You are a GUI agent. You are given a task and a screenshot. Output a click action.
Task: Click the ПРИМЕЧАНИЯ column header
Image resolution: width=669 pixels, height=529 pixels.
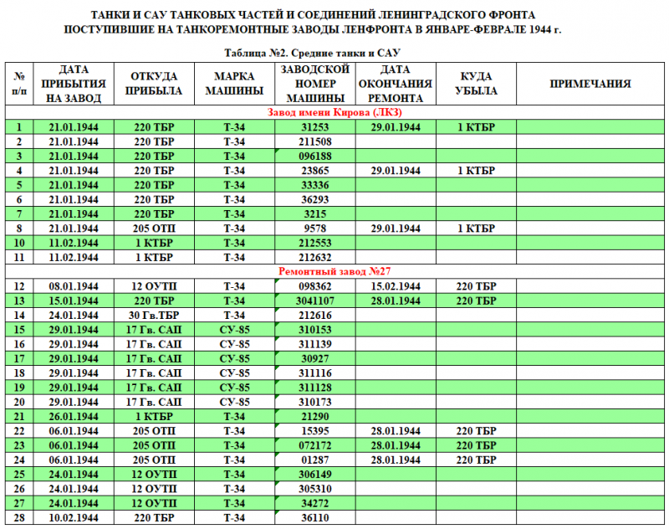[590, 84]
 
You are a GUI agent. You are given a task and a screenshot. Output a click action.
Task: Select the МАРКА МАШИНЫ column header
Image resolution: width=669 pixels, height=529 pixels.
[234, 84]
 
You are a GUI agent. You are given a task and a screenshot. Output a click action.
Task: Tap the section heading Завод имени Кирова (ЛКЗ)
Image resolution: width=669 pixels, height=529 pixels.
[334, 112]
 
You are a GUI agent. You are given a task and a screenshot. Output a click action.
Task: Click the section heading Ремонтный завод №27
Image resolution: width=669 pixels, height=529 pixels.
[334, 271]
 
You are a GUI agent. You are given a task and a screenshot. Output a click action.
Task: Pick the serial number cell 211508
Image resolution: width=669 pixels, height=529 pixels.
[316, 141]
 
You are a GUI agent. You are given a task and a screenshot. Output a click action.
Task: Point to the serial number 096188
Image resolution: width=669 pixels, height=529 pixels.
[316, 156]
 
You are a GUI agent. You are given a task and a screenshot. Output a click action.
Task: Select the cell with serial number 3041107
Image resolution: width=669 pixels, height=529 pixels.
[316, 300]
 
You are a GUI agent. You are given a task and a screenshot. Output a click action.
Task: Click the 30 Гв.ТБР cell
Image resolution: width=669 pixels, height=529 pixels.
[154, 315]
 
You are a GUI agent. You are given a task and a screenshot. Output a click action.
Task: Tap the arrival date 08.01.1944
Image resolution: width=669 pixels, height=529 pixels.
[74, 286]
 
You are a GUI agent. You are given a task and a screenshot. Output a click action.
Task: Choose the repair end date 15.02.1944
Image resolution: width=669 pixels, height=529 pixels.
[395, 286]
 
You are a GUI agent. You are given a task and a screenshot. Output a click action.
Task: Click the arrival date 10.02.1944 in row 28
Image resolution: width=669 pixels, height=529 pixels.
[74, 517]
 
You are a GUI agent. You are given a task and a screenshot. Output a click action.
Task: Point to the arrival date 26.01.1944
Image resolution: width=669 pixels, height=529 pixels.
[74, 416]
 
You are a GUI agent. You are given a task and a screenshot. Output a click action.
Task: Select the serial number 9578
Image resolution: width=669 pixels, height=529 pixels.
[316, 228]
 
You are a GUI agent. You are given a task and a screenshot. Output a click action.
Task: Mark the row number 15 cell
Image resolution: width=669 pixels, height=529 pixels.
[18, 330]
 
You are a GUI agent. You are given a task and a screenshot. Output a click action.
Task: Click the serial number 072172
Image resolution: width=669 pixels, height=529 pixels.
[316, 445]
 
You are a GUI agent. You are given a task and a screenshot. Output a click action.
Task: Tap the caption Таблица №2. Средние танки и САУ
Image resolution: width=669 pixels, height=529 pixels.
[334, 52]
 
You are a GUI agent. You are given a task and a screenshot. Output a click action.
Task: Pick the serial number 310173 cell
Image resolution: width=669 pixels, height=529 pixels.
[316, 402]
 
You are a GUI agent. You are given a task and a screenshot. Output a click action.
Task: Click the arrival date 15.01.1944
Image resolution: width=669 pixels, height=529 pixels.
[74, 300]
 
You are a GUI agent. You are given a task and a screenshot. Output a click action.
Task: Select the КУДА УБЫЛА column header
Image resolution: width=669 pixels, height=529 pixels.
[477, 84]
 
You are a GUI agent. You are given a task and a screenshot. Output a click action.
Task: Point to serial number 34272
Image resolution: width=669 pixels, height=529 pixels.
[316, 503]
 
